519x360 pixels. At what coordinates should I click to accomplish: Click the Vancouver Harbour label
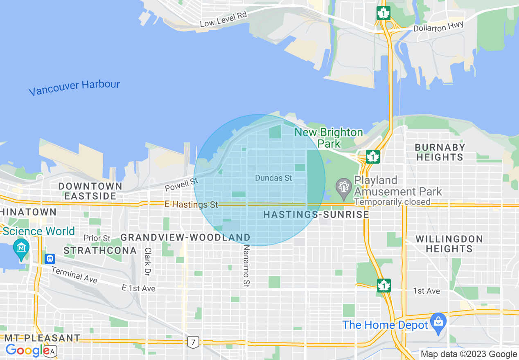tap(74, 88)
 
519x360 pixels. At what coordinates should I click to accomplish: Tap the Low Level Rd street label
tap(223, 19)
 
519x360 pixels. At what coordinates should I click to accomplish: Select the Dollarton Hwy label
tap(438, 27)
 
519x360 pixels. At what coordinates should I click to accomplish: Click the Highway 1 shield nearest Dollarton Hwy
tap(383, 13)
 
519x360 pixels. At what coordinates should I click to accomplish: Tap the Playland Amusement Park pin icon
tap(343, 187)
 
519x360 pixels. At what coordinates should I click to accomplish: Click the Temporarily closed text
tap(392, 202)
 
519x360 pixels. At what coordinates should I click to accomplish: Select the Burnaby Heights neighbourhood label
tap(440, 152)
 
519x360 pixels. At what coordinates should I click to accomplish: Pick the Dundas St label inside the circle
tap(273, 178)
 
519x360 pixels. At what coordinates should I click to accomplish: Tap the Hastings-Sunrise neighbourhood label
tap(316, 214)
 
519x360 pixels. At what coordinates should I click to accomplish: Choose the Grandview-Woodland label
tap(185, 237)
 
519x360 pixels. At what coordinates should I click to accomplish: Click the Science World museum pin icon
tap(21, 248)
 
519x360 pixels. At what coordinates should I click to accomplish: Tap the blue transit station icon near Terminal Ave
tap(50, 259)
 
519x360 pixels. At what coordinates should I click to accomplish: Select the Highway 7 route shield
tap(192, 342)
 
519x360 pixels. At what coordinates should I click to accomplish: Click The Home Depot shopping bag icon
tap(438, 322)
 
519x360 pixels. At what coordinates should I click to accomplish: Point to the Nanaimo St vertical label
tap(246, 266)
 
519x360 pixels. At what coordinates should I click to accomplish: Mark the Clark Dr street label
tap(148, 261)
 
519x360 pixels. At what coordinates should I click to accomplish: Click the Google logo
tap(27, 350)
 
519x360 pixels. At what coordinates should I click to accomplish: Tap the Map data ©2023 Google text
tap(469, 354)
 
